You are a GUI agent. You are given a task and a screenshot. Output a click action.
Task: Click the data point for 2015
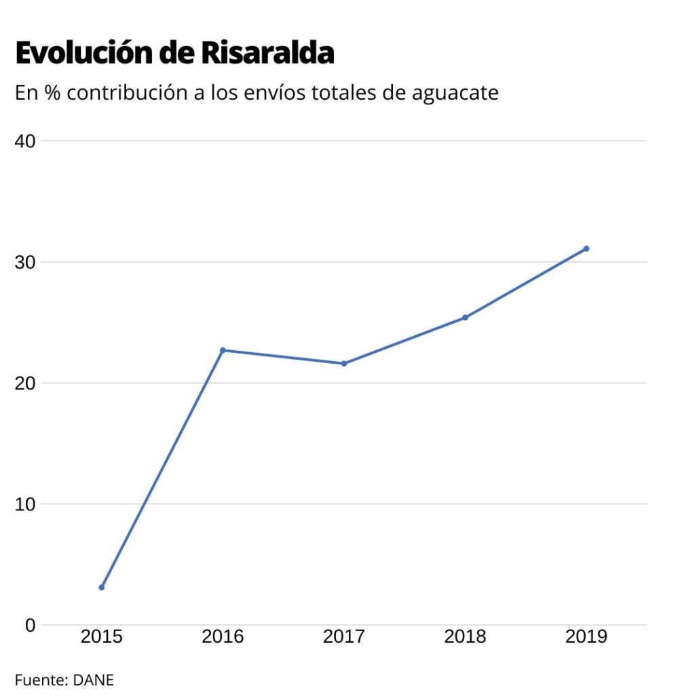(102, 587)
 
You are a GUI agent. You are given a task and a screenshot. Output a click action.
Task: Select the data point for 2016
(223, 350)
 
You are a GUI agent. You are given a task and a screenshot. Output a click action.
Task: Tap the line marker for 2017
(344, 364)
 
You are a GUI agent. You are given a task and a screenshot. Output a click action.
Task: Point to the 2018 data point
(466, 318)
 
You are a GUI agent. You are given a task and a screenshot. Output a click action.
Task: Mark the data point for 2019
(586, 248)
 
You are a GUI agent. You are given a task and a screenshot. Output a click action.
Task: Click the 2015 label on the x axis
(102, 637)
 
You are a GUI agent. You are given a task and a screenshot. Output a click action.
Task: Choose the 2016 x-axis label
(223, 637)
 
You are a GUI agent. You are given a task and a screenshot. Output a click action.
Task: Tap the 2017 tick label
(344, 637)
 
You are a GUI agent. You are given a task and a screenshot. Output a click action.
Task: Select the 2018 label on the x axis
(466, 637)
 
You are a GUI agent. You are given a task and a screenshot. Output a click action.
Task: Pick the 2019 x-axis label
(586, 637)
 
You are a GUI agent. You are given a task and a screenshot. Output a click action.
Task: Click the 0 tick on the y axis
(29, 625)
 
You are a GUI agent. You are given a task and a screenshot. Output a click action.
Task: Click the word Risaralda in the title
(267, 54)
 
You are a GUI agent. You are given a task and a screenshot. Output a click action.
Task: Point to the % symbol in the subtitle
(51, 93)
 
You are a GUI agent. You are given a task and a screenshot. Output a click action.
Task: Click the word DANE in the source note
(94, 679)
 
